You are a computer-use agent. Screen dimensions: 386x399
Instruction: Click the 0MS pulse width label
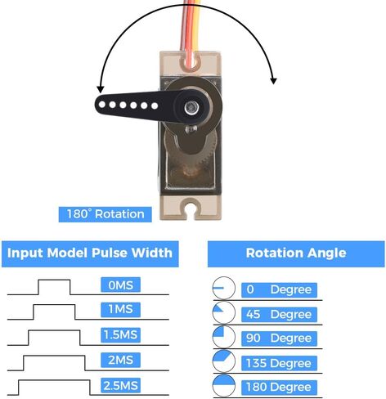(120, 285)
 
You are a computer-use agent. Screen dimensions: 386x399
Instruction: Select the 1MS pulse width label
(120, 309)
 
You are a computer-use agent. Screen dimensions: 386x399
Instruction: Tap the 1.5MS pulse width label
(120, 334)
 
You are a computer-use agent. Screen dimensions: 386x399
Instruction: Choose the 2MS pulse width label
(120, 360)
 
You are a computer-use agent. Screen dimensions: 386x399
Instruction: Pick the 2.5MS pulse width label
(120, 385)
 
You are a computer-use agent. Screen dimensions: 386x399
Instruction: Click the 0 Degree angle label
(279, 289)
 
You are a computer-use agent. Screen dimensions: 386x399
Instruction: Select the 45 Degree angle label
(279, 315)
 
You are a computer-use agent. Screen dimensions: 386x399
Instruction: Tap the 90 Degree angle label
(279, 338)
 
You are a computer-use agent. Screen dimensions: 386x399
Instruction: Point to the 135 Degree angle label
(279, 363)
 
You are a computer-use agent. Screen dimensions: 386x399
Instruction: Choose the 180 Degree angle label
(279, 388)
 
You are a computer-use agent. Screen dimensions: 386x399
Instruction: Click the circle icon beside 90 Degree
(224, 337)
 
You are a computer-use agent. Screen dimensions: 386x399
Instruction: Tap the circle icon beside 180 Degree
(224, 386)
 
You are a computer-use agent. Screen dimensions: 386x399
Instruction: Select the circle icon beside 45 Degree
(224, 313)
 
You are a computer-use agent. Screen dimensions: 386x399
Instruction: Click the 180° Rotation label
(105, 214)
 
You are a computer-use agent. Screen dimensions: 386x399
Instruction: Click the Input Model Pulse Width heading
(90, 253)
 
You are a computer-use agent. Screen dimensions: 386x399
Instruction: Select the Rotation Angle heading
(296, 253)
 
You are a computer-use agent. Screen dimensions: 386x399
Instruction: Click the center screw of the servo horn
(191, 107)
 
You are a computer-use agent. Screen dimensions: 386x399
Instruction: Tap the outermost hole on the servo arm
(102, 104)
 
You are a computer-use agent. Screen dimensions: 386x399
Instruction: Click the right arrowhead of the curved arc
(273, 81)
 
